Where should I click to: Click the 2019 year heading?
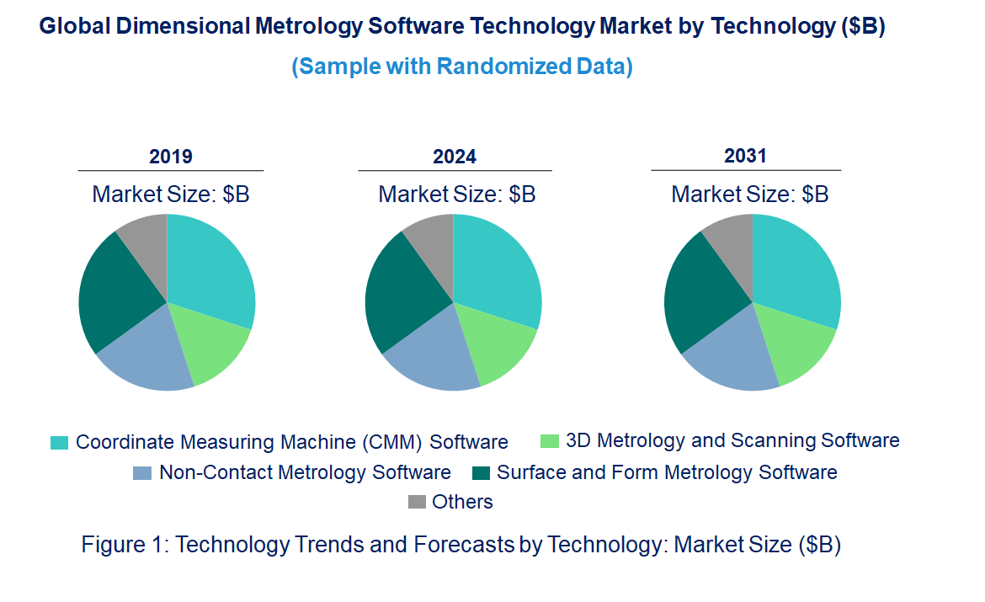tap(170, 157)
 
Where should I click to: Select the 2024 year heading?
tap(454, 157)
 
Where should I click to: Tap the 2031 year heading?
tap(745, 156)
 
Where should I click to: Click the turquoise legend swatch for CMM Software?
tap(59, 443)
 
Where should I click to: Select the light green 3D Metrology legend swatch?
tap(549, 441)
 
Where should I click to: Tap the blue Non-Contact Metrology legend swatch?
tap(142, 473)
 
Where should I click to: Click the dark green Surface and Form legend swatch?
tap(481, 473)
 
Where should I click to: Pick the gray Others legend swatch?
tap(417, 503)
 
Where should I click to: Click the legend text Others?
tap(462, 503)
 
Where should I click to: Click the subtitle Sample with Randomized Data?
tap(461, 67)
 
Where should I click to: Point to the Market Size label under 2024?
tap(456, 194)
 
